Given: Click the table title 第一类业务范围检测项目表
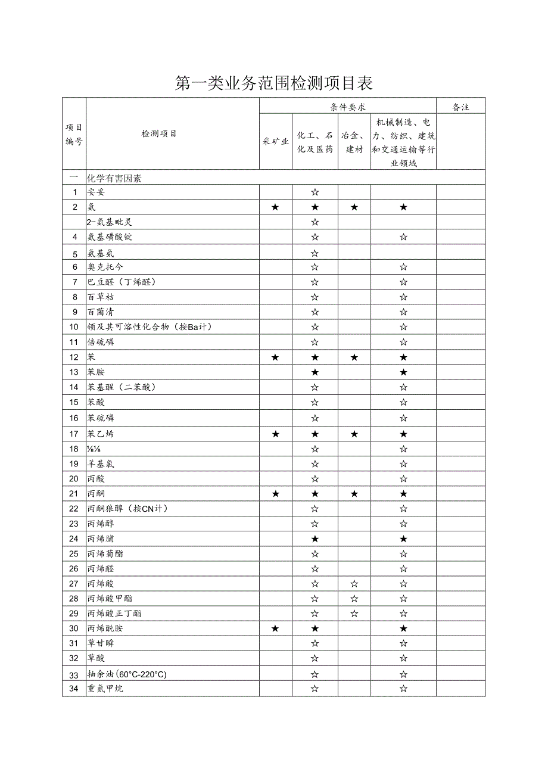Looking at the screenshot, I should pyautogui.click(x=274, y=83).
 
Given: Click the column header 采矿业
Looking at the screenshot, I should pyautogui.click(x=275, y=142).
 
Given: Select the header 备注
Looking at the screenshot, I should pyautogui.click(x=460, y=107).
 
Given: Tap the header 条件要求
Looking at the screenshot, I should pyautogui.click(x=348, y=107).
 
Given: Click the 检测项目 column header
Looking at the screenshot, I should pyautogui.click(x=158, y=133).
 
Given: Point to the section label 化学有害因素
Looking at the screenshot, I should pyautogui.click(x=114, y=178).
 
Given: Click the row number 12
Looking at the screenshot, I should pyautogui.click(x=74, y=357).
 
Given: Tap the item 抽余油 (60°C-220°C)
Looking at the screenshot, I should pyautogui.click(x=127, y=674).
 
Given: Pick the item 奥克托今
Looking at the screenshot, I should pyautogui.click(x=105, y=267).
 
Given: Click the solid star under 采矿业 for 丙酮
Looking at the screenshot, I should pyautogui.click(x=275, y=494).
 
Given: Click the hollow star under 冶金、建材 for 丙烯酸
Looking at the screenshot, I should pyautogui.click(x=354, y=584).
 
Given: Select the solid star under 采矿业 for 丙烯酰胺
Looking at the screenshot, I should pyautogui.click(x=275, y=628).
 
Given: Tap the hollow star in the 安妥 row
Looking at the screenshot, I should pyautogui.click(x=315, y=192).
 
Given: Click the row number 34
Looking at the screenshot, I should pyautogui.click(x=74, y=689).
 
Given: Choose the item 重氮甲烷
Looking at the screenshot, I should pyautogui.click(x=105, y=689).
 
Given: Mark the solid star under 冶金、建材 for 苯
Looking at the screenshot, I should pyautogui.click(x=354, y=357).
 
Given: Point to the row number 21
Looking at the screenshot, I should pyautogui.click(x=74, y=494).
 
